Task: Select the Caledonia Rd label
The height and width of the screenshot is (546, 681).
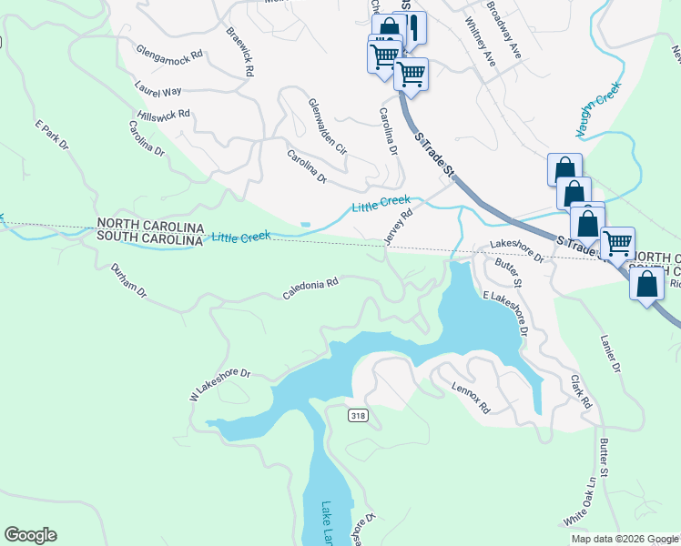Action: pos(310,288)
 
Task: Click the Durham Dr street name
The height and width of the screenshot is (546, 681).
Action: pos(128,282)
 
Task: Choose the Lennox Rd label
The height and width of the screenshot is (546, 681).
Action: pos(471,398)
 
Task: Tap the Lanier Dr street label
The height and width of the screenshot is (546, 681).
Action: pos(609,355)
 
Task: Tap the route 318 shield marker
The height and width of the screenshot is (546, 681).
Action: pos(358,414)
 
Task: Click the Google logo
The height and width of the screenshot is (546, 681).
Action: pos(30,535)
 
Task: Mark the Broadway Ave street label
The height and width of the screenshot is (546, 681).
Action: pos(503,32)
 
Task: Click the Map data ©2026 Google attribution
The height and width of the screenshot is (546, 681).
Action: pos(625,539)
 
